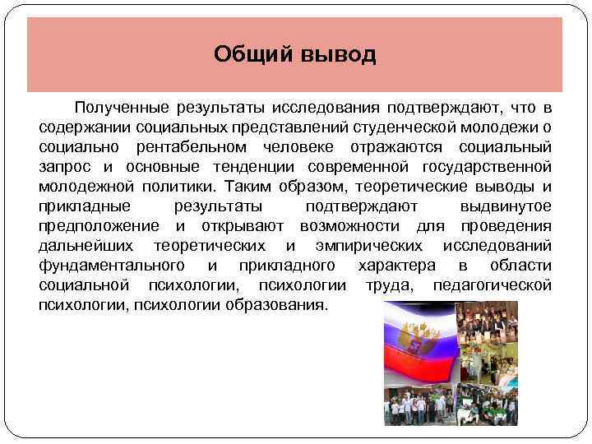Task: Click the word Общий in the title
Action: [x=247, y=55]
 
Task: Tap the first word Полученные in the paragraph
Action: [x=120, y=109]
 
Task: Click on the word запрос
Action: [x=66, y=166]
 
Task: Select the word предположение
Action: [x=99, y=225]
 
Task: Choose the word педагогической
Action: [x=490, y=284]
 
